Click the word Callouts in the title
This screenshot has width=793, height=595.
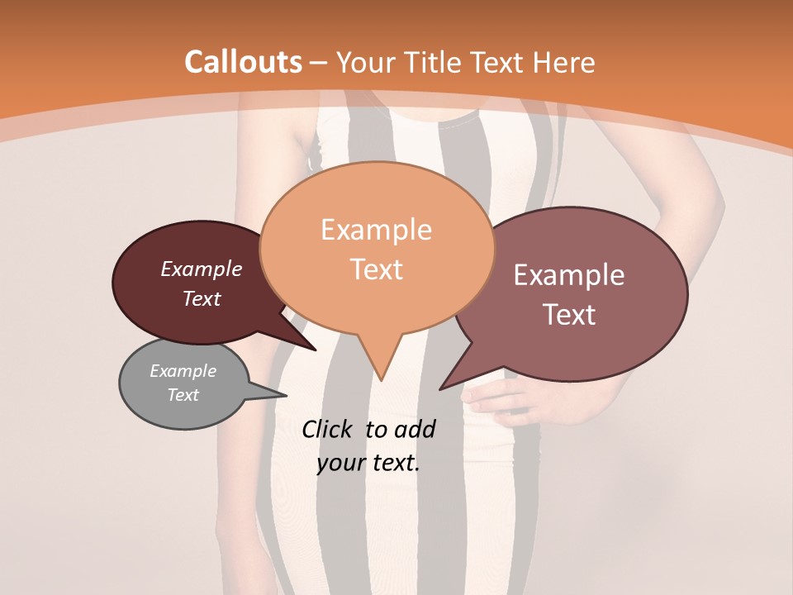(x=243, y=62)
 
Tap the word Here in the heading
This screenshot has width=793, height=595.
(x=563, y=62)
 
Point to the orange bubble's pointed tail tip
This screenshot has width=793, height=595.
(x=381, y=378)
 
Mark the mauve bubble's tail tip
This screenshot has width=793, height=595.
(x=442, y=388)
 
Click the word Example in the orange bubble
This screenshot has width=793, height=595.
(x=376, y=230)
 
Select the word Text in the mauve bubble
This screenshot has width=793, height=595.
(x=569, y=315)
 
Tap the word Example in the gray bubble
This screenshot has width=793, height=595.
(x=183, y=371)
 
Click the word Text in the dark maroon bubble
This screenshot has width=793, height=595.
(x=202, y=298)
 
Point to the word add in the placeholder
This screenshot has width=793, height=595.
(x=415, y=429)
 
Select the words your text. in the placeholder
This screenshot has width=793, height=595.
(x=368, y=463)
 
